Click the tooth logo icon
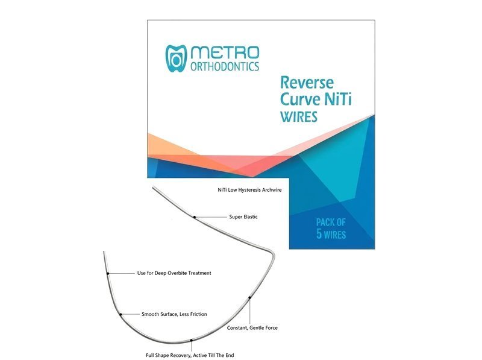pyautogui.click(x=176, y=58)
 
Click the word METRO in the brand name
pyautogui.click(x=225, y=52)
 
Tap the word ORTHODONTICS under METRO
pyautogui.click(x=225, y=66)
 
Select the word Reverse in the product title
pyautogui.click(x=307, y=83)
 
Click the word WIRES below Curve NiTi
pyautogui.click(x=299, y=117)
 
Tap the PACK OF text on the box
pyautogui.click(x=331, y=222)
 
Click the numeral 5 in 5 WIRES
pyautogui.click(x=319, y=234)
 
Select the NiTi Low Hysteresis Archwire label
pyautogui.click(x=249, y=190)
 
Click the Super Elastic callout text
pyautogui.click(x=243, y=217)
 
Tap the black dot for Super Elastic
pyautogui.click(x=195, y=217)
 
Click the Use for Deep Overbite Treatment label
pyautogui.click(x=174, y=273)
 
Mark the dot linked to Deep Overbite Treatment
pyautogui.click(x=108, y=273)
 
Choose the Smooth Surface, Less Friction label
pyautogui.click(x=174, y=314)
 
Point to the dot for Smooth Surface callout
pyautogui.click(x=120, y=314)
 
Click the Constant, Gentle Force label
pyautogui.click(x=252, y=328)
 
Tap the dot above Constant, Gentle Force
pyautogui.click(x=249, y=297)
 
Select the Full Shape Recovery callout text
pyautogui.click(x=190, y=355)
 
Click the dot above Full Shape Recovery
pyautogui.click(x=191, y=340)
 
